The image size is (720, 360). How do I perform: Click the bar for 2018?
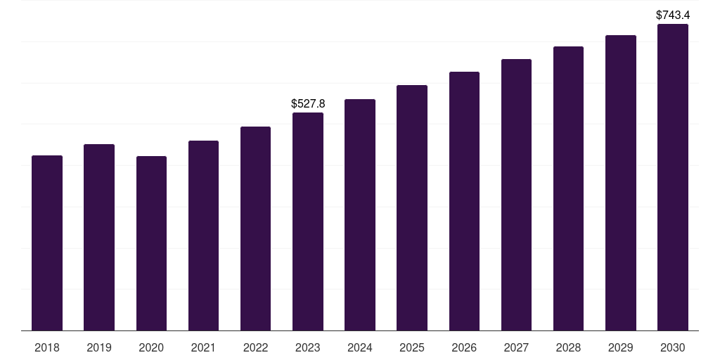[x=47, y=243]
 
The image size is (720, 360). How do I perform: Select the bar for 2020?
[x=151, y=243]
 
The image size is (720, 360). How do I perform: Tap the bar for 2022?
[x=255, y=229]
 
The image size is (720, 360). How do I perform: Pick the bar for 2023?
[x=308, y=221]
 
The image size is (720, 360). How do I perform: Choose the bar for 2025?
[x=412, y=207]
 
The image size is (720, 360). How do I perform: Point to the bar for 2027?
[x=516, y=195]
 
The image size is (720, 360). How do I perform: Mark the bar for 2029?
[x=621, y=183]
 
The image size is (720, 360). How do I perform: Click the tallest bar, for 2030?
[x=673, y=177]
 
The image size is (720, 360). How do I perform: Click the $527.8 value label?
[x=308, y=104]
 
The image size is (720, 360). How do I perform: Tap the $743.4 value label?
[x=673, y=15]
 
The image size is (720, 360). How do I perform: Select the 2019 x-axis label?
[x=99, y=347]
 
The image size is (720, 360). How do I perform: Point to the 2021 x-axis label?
[x=203, y=347]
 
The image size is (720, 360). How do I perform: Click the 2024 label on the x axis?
[x=360, y=347]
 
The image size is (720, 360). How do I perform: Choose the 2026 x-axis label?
[x=464, y=347]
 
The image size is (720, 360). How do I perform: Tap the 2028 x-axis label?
[x=568, y=347]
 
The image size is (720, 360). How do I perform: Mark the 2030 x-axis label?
[x=673, y=347]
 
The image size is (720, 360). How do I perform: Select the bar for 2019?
[x=99, y=237]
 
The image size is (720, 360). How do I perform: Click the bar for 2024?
[x=360, y=214]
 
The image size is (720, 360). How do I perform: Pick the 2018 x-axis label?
[x=47, y=347]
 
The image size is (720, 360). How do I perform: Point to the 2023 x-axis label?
[x=308, y=347]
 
